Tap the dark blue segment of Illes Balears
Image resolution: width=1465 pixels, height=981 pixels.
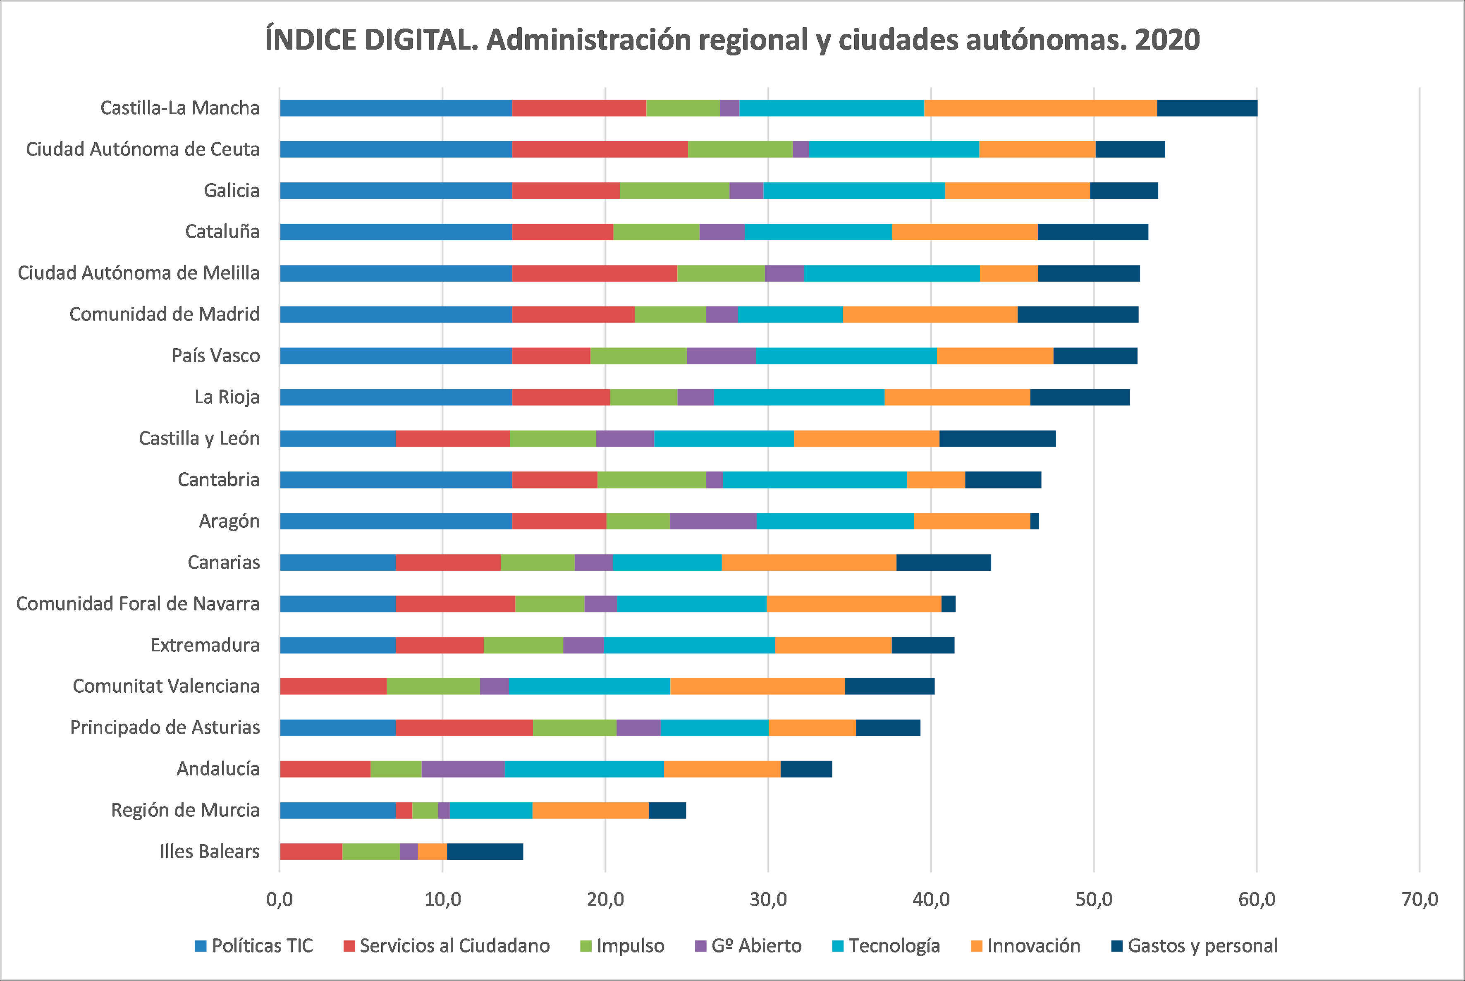(485, 852)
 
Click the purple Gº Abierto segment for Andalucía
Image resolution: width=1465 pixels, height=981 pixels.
(463, 769)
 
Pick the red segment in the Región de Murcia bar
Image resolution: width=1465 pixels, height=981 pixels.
(404, 810)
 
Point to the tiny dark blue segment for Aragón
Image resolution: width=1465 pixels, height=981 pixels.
(1035, 521)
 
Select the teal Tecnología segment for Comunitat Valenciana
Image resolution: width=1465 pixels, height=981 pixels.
(589, 686)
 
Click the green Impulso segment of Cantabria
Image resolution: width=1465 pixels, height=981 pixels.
(652, 480)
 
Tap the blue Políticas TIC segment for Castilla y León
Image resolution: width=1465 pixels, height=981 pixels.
(338, 438)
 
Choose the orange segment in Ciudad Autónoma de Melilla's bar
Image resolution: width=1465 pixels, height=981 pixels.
(1009, 273)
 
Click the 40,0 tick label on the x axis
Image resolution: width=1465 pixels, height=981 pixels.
(931, 900)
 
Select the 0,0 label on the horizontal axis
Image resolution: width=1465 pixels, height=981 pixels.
(280, 900)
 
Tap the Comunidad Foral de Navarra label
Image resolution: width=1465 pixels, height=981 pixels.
(138, 604)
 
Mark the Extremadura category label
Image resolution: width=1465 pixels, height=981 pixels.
(205, 645)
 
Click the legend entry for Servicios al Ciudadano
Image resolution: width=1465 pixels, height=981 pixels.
(454, 946)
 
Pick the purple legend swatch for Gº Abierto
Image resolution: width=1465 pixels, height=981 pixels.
(700, 946)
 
